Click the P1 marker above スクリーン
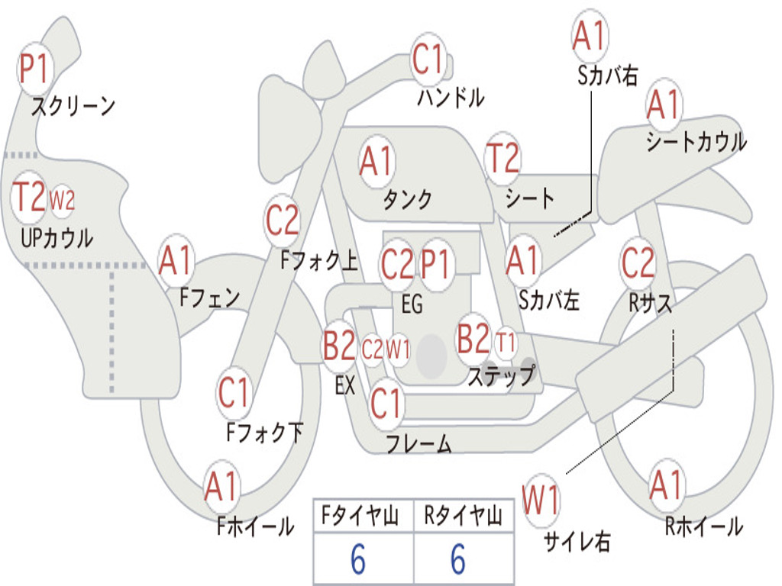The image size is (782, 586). coord(34,69)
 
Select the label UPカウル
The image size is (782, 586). coord(57,238)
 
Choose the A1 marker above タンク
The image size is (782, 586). coord(376,161)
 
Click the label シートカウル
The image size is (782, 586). coord(696,142)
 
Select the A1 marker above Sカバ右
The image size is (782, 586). coord(590,36)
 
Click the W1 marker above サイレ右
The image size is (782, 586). coord(541,501)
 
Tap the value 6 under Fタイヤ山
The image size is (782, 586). coord(357,561)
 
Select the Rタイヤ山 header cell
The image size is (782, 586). coord(463,517)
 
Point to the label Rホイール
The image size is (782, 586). coord(703,526)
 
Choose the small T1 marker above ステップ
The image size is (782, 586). coord(506,344)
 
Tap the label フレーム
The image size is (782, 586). coord(418,443)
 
